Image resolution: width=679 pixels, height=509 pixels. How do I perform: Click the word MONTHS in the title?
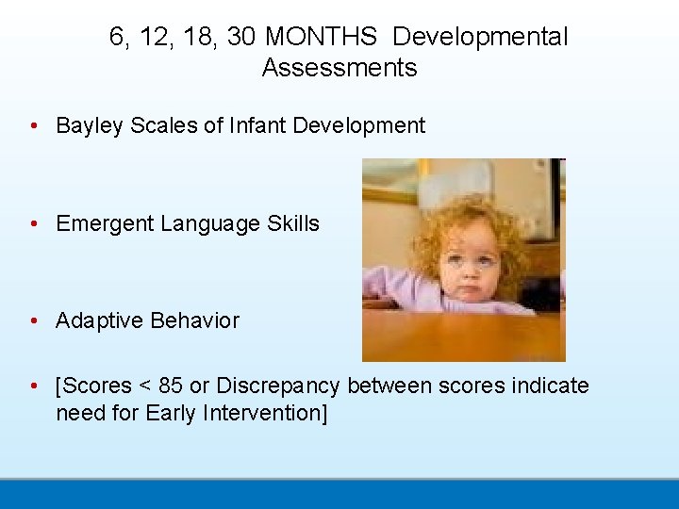[x=322, y=37]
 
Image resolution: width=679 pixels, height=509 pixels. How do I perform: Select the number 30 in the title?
[x=241, y=37]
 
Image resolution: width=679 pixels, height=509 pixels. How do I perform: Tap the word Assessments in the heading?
[x=339, y=68]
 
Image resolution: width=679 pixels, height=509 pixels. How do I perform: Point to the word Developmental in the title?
[x=480, y=37]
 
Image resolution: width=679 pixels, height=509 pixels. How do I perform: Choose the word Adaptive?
[x=95, y=320]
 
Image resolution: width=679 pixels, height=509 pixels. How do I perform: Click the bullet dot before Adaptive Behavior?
[x=34, y=321]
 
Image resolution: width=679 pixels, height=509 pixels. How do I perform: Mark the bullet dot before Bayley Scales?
[x=34, y=126]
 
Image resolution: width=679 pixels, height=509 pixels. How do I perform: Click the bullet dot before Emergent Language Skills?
[x=34, y=224]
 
